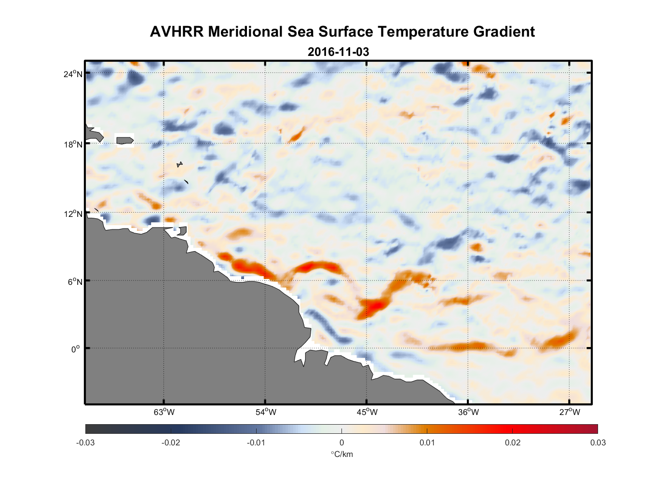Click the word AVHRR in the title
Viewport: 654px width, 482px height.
177,32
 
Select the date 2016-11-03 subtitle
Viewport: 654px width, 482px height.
338,52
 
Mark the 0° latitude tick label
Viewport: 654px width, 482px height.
76,349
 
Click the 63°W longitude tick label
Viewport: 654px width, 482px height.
164,412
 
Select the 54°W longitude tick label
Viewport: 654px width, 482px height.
266,412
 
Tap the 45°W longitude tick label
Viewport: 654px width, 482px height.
367,412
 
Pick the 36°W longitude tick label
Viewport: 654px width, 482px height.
468,412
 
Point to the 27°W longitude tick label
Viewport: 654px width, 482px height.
570,412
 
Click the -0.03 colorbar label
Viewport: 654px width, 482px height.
85,443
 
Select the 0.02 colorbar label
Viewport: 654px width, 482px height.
512,443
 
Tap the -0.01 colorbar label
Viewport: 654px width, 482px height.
256,443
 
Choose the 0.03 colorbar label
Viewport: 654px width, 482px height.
598,443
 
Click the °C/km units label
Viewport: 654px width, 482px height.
341,455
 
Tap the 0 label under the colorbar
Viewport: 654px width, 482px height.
341,443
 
